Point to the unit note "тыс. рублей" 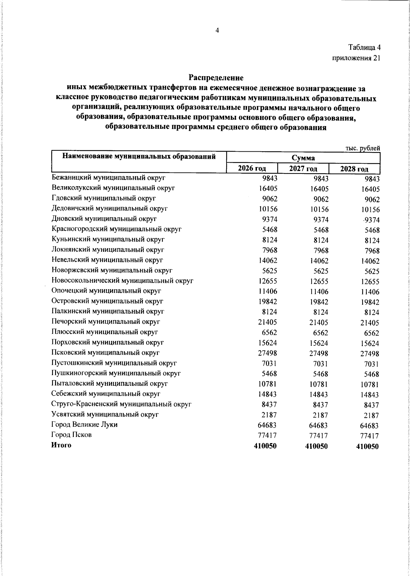coord(363,148)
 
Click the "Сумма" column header coord(303,158)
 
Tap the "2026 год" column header coord(252,168)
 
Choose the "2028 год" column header coord(354,169)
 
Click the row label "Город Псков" coord(71,435)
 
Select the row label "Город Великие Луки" coord(84,425)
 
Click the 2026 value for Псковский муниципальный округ coord(268,353)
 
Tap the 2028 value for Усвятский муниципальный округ coord(371,416)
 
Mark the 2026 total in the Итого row coord(265,446)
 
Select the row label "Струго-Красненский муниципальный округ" coord(121,404)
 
